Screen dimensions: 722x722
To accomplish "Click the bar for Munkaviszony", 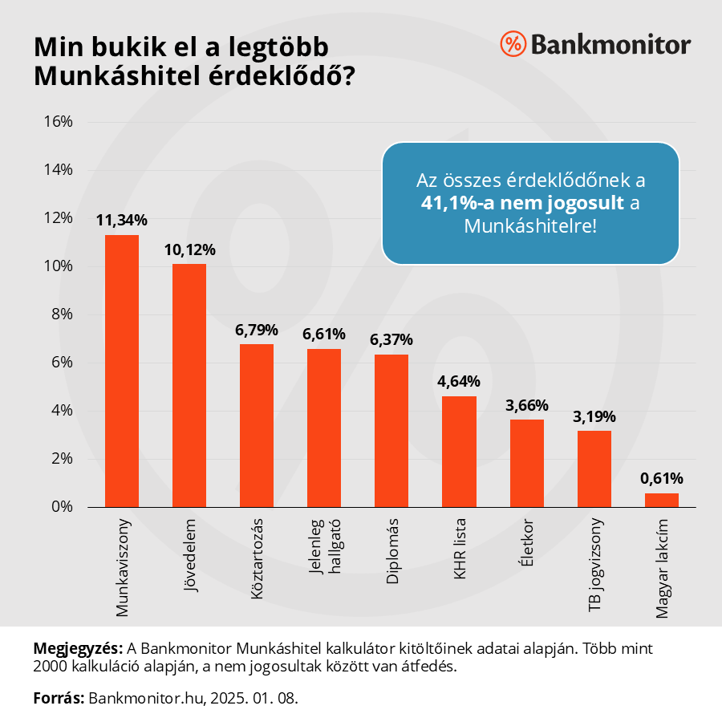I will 122,371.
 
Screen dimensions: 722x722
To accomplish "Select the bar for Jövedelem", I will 189,385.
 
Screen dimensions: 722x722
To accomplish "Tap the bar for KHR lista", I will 459,451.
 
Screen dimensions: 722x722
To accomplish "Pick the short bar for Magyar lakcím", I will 662,500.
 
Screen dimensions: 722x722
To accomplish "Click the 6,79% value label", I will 257,330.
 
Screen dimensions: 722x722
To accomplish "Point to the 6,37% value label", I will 391,340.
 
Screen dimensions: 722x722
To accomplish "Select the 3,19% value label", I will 594,416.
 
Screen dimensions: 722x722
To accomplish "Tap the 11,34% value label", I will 122,220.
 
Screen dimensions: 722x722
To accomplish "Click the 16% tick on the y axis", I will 59,122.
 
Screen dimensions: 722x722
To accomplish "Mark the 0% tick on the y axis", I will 63,507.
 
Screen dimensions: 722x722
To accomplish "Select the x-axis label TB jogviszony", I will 594,566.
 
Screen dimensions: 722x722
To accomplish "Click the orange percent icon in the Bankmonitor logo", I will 512,44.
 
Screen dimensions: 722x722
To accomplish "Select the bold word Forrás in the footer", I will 58,698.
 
